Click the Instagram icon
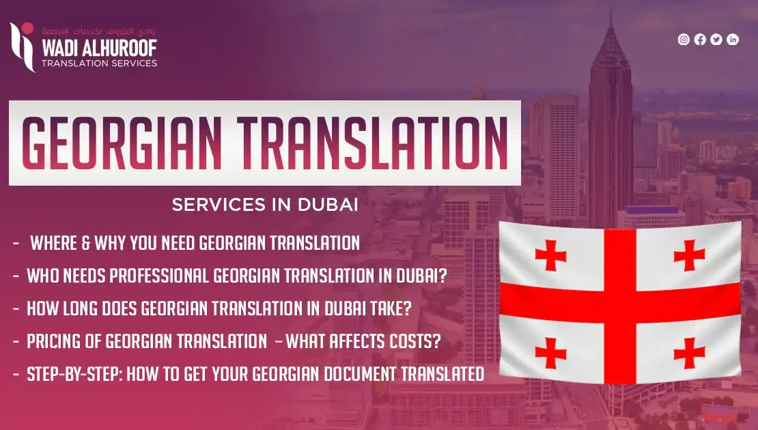tap(684, 40)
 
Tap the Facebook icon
tap(700, 40)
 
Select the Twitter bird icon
tap(716, 40)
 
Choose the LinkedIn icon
tap(733, 40)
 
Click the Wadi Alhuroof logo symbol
tap(23, 47)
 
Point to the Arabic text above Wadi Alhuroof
tap(98, 31)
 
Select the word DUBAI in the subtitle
tap(328, 204)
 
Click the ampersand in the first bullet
tap(85, 243)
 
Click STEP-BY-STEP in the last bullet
tap(74, 374)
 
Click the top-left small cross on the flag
tap(550, 255)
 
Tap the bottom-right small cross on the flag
tap(689, 353)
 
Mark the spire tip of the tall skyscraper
tap(611, 12)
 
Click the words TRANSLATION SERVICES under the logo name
tap(99, 63)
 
